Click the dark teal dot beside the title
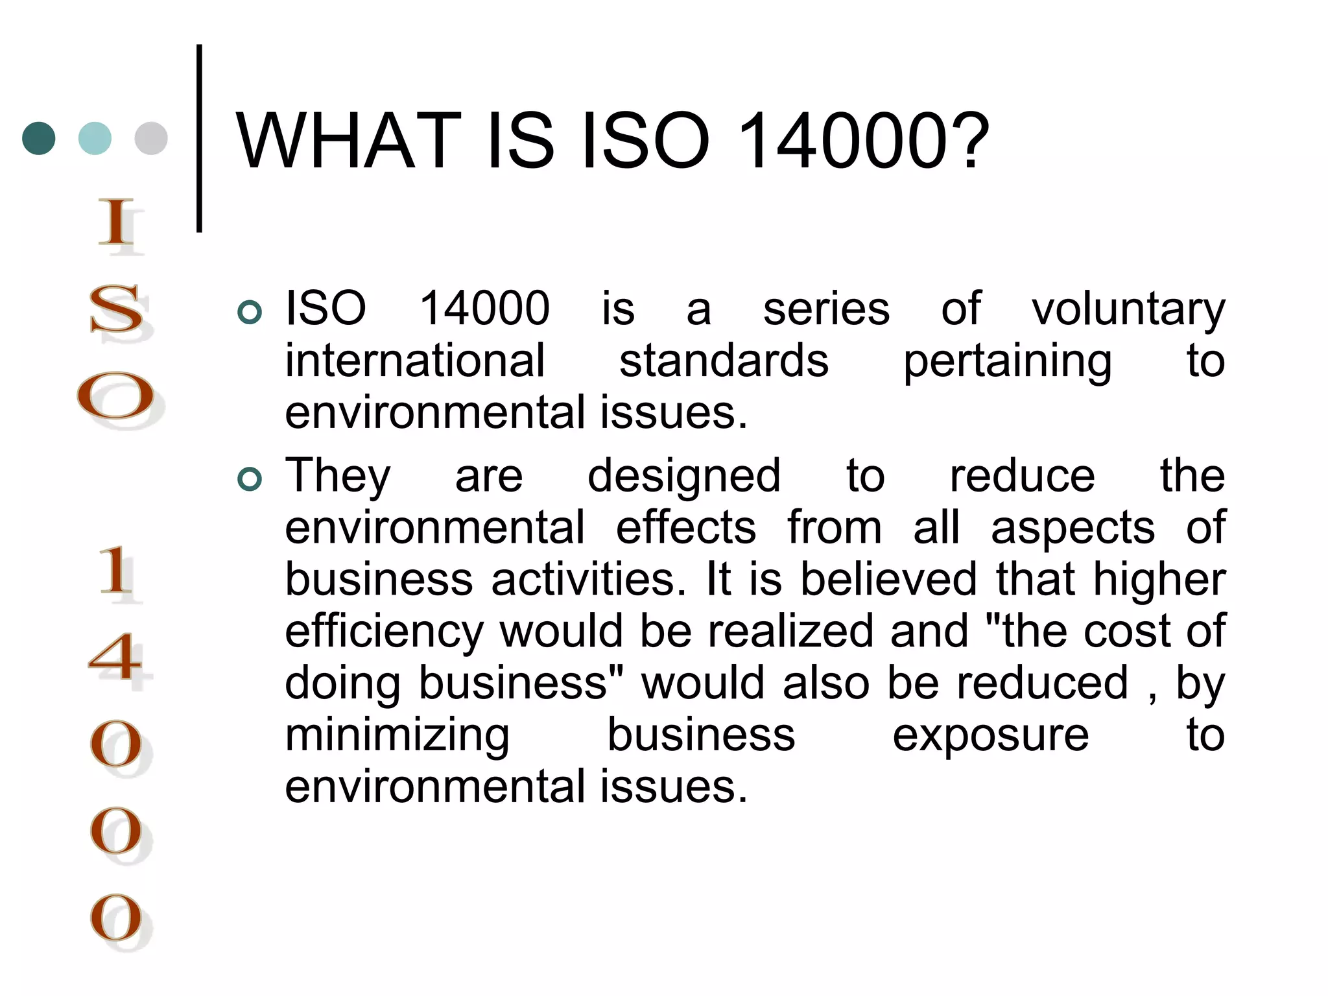click(39, 138)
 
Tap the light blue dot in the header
click(95, 138)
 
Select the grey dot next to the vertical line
click(151, 138)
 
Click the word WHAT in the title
click(349, 141)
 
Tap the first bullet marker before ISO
click(250, 313)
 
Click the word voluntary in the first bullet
click(1128, 310)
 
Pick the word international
click(415, 361)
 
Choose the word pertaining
click(1007, 362)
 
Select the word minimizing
click(397, 736)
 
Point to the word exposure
click(990, 736)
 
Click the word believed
click(888, 579)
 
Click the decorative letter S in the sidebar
click(117, 309)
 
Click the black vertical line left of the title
click(199, 138)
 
